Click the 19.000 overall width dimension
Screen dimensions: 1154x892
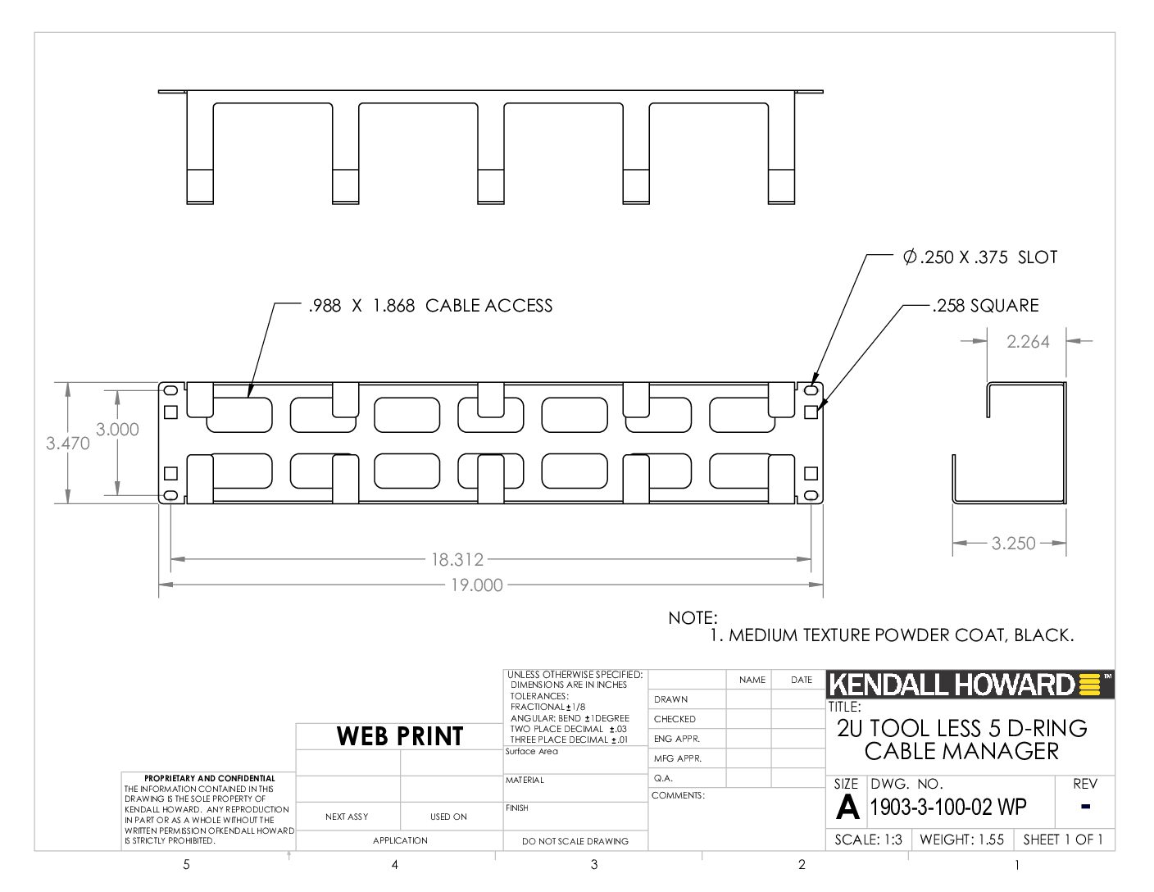(x=476, y=585)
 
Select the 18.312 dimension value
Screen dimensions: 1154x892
(x=457, y=560)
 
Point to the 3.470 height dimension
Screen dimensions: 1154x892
(x=67, y=443)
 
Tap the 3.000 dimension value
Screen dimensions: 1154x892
(x=117, y=430)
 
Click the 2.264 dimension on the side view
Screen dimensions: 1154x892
(x=1028, y=342)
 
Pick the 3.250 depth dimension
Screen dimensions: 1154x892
(x=1013, y=544)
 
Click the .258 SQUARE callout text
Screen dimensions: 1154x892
(x=986, y=306)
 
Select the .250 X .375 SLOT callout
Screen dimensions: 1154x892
(x=980, y=257)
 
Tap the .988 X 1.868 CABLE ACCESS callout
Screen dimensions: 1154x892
(x=430, y=306)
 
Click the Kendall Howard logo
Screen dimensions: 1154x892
(x=970, y=685)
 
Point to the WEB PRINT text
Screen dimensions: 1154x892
(x=400, y=736)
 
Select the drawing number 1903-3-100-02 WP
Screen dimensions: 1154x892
(x=948, y=807)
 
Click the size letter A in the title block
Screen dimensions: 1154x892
(x=847, y=808)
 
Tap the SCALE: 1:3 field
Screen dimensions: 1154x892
(x=868, y=840)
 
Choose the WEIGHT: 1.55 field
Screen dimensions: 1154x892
(x=961, y=840)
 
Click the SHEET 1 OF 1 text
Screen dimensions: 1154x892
(x=1063, y=840)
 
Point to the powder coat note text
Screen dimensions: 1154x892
(x=892, y=635)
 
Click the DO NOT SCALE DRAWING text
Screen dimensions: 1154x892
(x=575, y=841)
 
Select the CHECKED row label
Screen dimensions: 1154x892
(x=675, y=719)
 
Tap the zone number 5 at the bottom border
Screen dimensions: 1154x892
(x=186, y=864)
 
